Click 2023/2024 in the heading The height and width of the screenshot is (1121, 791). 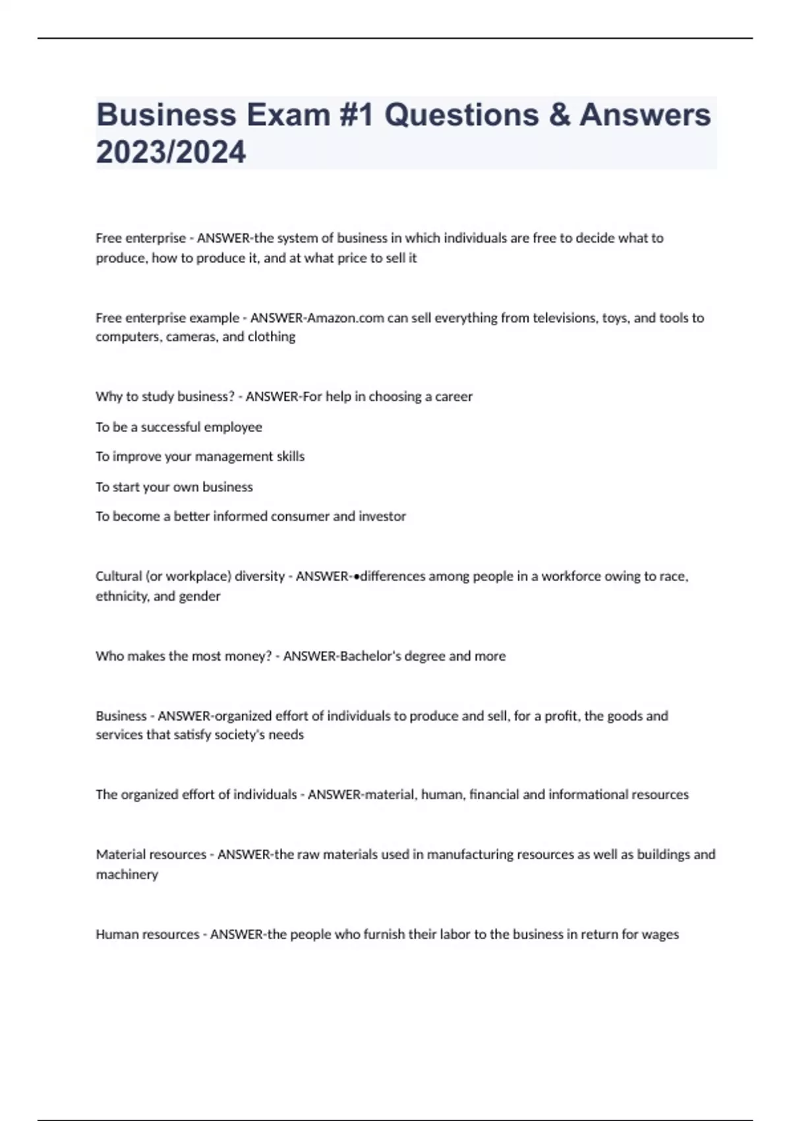click(171, 152)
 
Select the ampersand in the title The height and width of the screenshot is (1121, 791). click(559, 115)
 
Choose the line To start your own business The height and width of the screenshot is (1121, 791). click(174, 487)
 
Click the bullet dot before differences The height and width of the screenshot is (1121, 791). click(357, 577)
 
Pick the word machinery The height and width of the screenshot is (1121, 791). click(127, 874)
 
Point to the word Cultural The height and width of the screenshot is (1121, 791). click(118, 576)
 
